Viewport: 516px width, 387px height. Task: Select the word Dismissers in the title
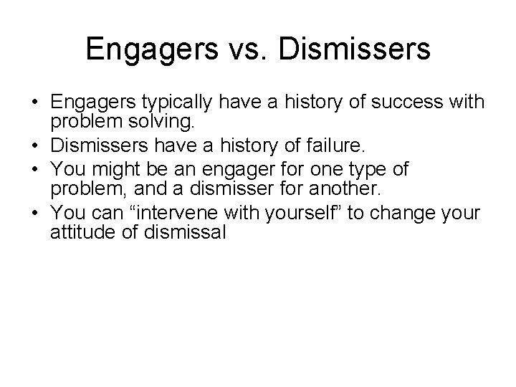(355, 50)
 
